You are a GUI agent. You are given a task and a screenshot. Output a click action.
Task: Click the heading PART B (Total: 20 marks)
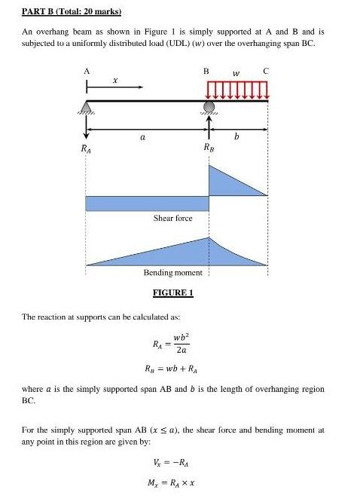[x=72, y=13]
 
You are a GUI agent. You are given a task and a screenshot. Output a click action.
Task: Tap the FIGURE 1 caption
[x=173, y=292]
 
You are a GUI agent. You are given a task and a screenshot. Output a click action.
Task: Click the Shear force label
[x=173, y=218]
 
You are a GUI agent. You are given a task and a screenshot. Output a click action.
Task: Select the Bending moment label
[x=172, y=272]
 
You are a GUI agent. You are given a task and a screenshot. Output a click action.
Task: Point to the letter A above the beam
[x=87, y=70]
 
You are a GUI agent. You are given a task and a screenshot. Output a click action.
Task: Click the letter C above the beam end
[x=265, y=70]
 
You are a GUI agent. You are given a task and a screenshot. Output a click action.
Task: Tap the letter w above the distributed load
[x=236, y=73]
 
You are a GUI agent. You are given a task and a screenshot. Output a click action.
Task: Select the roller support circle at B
[x=209, y=107]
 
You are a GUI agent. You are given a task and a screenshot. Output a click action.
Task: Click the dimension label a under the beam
[x=142, y=138]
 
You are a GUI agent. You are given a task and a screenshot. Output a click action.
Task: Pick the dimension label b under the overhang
[x=237, y=138]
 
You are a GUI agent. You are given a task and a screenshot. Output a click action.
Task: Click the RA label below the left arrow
[x=87, y=150]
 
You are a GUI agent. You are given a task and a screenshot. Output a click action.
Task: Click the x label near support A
[x=114, y=79]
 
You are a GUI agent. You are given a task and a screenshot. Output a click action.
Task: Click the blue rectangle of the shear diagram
[x=147, y=203]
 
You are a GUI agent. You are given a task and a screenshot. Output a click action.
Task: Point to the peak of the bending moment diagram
[x=208, y=238]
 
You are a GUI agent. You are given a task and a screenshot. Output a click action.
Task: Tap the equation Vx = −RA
[x=172, y=464]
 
